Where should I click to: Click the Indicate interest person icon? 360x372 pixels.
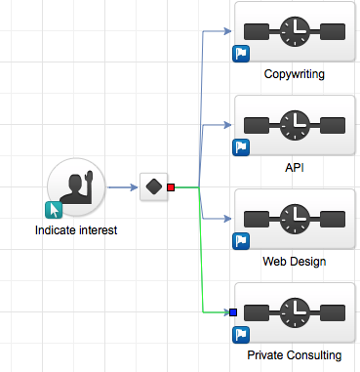click(75, 186)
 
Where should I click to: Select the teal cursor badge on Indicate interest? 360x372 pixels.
click(55, 209)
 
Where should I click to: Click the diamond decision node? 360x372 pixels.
click(153, 186)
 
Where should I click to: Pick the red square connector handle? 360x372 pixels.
click(171, 186)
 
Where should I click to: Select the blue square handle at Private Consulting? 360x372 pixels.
click(233, 312)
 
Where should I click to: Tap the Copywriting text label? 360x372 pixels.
click(294, 74)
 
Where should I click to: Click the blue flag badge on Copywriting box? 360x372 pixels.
click(240, 54)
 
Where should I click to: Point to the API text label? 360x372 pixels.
click(294, 168)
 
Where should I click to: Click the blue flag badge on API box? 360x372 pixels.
click(240, 147)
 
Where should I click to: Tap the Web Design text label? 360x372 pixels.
click(294, 262)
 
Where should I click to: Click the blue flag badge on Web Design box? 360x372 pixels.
click(240, 241)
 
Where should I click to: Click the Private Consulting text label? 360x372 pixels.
click(294, 355)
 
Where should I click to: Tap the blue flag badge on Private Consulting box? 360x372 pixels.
click(240, 335)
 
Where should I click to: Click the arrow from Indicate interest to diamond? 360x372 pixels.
click(121, 186)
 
